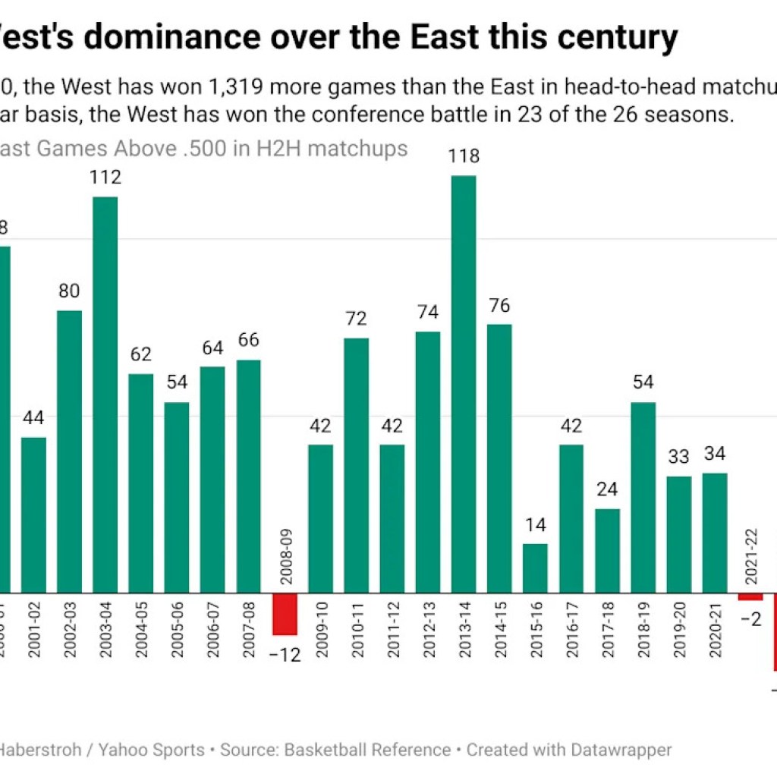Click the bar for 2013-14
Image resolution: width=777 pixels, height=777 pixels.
coord(464,383)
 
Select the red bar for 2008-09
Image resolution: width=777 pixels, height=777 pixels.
coord(285,613)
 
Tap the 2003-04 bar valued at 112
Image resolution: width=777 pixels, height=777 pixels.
coord(105,395)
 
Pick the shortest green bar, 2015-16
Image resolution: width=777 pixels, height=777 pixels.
coord(535,568)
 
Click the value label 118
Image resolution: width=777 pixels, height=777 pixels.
coord(464,157)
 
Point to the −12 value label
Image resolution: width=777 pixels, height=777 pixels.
coord(285,653)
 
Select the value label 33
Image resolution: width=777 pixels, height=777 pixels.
coord(678,458)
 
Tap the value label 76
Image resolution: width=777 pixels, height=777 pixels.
coord(499,307)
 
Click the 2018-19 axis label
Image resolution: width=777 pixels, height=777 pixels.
coord(643,631)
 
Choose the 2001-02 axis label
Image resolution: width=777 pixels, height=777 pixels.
coord(33,631)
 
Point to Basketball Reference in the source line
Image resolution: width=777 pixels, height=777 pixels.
coord(367,750)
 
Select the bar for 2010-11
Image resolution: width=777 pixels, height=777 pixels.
coord(357,464)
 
